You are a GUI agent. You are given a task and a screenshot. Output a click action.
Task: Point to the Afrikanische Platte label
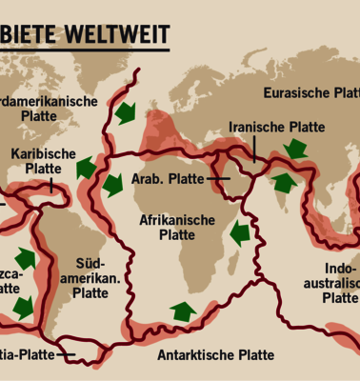pyautogui.click(x=176, y=227)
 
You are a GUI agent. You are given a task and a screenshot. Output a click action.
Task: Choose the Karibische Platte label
pyautogui.click(x=43, y=160)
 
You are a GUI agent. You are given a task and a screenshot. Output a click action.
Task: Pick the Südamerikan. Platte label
pyautogui.click(x=90, y=277)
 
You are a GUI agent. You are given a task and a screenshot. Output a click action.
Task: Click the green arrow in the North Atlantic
pyautogui.click(x=124, y=113)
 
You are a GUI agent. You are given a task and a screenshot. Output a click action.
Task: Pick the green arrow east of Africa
pyautogui.click(x=240, y=231)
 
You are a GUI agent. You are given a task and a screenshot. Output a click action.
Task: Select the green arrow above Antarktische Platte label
pyautogui.click(x=181, y=311)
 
